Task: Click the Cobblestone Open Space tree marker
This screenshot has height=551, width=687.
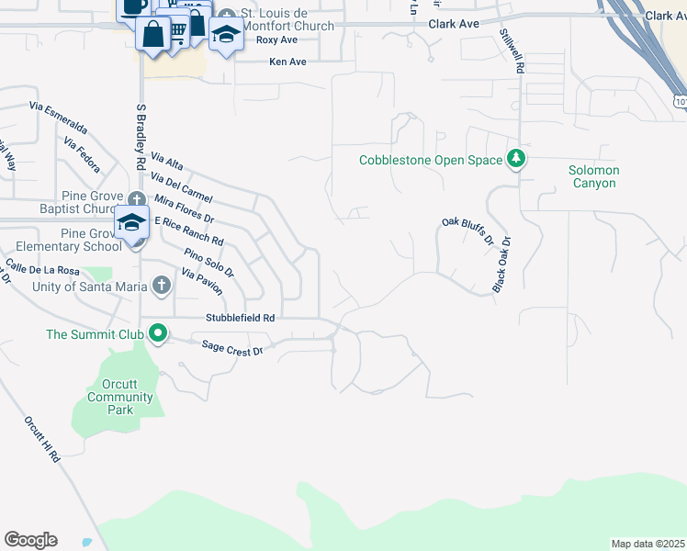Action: (517, 160)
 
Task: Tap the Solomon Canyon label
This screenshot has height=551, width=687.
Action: (594, 176)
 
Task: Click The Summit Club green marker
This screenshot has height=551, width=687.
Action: (158, 334)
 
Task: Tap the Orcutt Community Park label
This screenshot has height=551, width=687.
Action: (120, 398)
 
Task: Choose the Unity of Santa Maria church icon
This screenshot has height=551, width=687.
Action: (161, 286)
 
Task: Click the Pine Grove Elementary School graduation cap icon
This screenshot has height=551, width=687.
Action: (131, 223)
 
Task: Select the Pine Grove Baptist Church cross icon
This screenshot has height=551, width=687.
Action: (137, 199)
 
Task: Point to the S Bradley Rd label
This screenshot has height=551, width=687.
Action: (141, 136)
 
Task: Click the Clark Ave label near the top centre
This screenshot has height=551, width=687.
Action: (454, 24)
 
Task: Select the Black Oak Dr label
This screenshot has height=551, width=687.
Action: (501, 264)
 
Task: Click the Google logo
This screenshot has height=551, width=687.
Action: (30, 540)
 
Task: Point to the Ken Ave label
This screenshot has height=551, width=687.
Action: (287, 62)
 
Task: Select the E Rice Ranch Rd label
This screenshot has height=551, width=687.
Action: (188, 231)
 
